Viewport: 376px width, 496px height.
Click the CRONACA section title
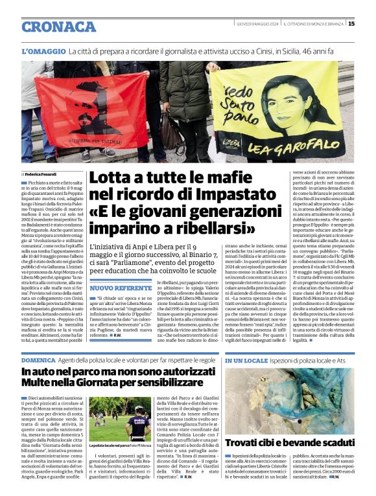(x=59, y=27)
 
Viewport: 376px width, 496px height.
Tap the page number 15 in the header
(x=369, y=24)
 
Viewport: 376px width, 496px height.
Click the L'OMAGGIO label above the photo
(x=43, y=51)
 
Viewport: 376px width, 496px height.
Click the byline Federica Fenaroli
(x=40, y=174)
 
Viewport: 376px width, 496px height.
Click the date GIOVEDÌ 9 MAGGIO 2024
(x=257, y=24)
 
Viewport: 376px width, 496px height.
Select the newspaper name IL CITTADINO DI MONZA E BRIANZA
(x=313, y=24)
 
